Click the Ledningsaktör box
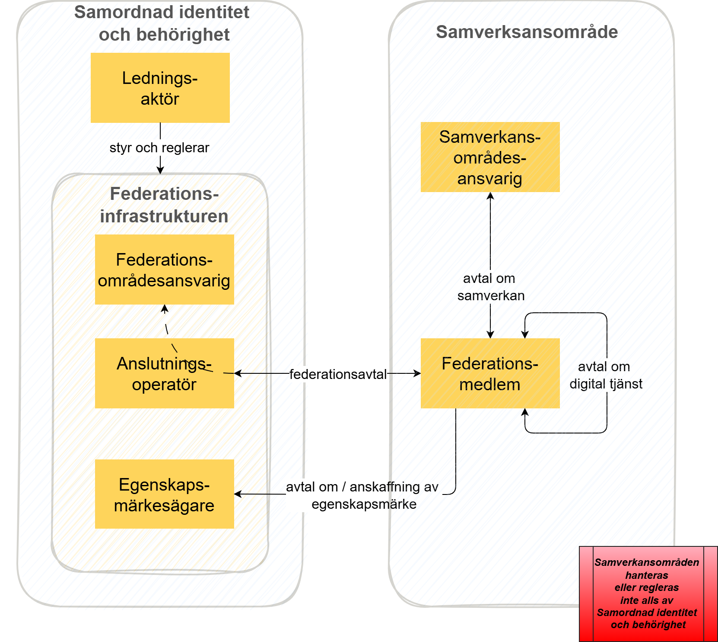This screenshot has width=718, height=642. (160, 88)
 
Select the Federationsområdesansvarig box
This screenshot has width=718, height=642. (164, 270)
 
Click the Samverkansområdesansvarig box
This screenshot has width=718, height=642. (490, 157)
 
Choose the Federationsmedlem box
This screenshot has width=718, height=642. (490, 373)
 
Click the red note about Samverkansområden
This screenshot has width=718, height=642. (647, 594)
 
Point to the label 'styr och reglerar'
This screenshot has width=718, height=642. (159, 148)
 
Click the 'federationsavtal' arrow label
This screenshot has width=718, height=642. (338, 374)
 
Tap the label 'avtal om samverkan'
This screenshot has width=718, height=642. (490, 287)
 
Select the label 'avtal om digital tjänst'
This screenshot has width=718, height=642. (605, 375)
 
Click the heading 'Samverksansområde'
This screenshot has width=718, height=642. (527, 32)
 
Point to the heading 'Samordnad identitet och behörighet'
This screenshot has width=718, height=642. (162, 23)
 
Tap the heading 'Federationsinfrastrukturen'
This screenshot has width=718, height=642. (164, 205)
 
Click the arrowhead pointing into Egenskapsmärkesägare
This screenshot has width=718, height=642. (238, 494)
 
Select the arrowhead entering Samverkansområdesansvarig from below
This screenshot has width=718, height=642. (490, 196)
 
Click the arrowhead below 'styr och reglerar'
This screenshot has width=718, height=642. (160, 170)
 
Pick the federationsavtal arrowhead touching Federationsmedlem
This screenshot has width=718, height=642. (417, 373)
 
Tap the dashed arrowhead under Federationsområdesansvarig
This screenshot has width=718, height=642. (165, 308)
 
